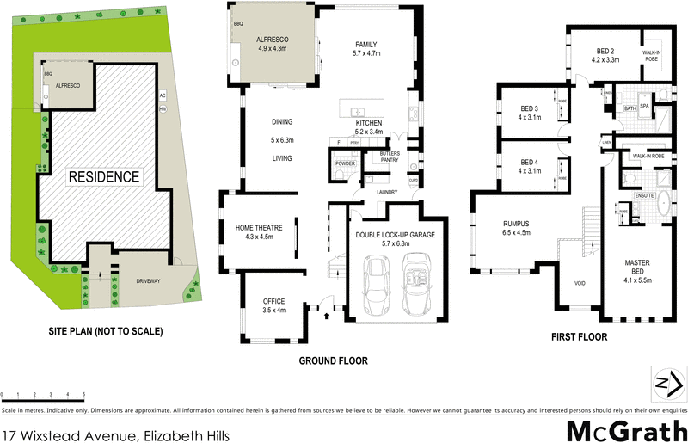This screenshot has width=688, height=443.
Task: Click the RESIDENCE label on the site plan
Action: [103, 177]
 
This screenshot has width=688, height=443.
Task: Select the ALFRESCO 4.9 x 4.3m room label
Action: [275, 44]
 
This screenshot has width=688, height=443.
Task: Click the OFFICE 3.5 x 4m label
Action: [273, 305]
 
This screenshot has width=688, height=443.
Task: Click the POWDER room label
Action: [346, 163]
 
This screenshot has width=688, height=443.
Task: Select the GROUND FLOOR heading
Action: [333, 361]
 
